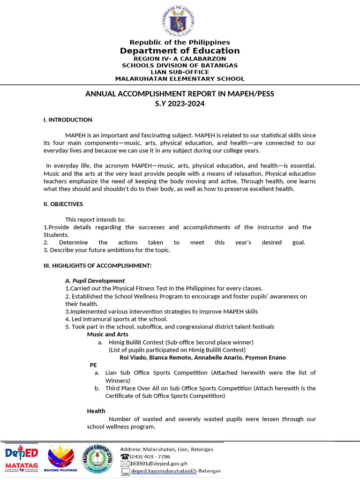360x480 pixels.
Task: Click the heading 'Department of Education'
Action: click(180, 51)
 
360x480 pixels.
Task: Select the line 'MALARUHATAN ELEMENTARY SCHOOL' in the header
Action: click(180, 79)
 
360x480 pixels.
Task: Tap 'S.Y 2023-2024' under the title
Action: click(180, 104)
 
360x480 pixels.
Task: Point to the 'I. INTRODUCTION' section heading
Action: click(67, 120)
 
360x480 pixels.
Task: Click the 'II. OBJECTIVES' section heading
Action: click(63, 204)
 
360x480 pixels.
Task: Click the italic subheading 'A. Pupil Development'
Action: click(95, 281)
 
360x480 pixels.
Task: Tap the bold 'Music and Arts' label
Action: click(107, 334)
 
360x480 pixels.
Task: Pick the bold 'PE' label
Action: click(94, 365)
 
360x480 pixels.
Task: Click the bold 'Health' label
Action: click(96, 411)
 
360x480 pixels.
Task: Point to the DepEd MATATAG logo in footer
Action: click(22, 458)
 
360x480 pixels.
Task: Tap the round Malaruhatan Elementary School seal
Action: click(97, 458)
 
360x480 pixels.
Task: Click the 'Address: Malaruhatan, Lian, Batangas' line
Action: click(166, 449)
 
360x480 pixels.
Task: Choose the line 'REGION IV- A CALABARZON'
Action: click(180, 59)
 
